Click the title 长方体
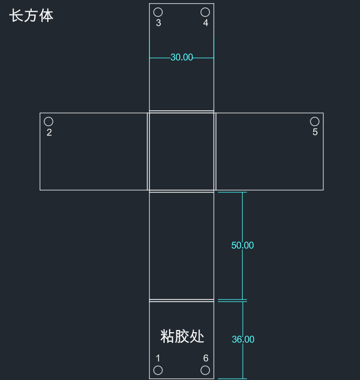(x=31, y=16)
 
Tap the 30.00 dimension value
(x=182, y=58)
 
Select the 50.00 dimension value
(x=243, y=245)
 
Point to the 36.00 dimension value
(x=243, y=339)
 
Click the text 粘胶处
(x=182, y=336)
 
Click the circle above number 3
(x=158, y=8)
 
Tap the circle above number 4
(x=205, y=8)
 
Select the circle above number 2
(x=48, y=117)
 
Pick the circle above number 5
(x=315, y=117)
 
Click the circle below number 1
(x=158, y=366)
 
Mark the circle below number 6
(x=205, y=366)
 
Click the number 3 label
(x=158, y=23)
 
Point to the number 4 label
(x=206, y=23)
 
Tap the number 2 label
(x=50, y=132)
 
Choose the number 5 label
(x=315, y=132)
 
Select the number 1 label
(x=158, y=358)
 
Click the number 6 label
(x=206, y=358)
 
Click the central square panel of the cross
(x=182, y=151)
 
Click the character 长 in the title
(x=16, y=16)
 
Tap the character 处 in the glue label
(x=197, y=336)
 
